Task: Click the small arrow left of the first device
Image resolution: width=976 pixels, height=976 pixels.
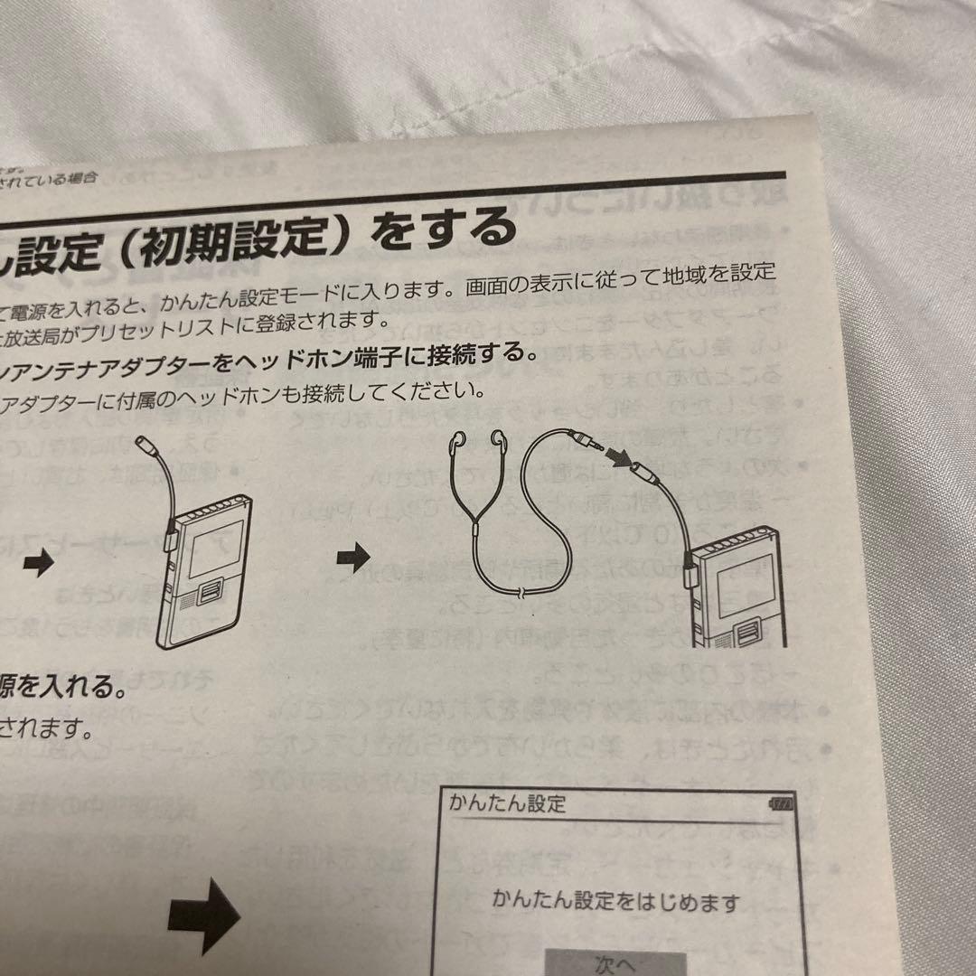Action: pyautogui.click(x=38, y=564)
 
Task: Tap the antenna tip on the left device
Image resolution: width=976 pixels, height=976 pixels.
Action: pyautogui.click(x=147, y=446)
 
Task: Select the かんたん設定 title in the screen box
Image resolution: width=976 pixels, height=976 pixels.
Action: pyautogui.click(x=507, y=802)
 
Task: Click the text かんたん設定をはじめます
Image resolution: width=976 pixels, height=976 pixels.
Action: pyautogui.click(x=615, y=900)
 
